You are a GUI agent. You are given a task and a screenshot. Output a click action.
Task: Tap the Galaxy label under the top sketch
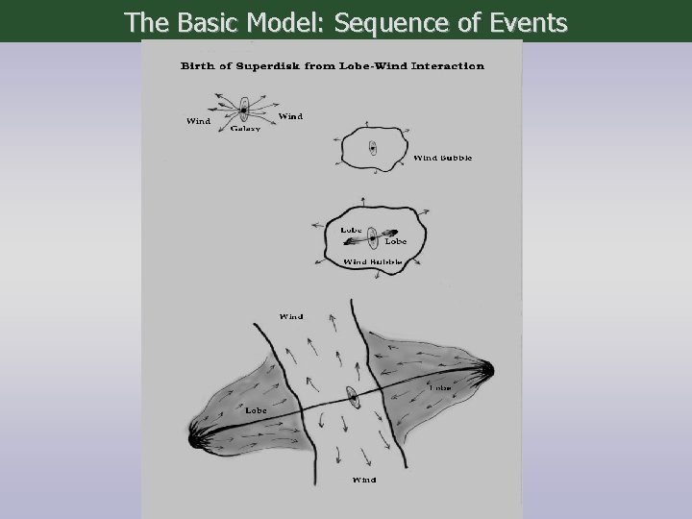245,129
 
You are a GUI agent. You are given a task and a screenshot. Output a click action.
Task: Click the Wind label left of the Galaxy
197,121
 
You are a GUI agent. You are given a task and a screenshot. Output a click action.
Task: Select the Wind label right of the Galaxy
289,116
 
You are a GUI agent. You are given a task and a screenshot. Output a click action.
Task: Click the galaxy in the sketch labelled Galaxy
244,110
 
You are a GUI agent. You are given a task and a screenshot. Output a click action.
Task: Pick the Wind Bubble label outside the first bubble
442,158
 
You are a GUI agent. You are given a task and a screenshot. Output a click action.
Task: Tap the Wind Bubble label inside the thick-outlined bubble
372,261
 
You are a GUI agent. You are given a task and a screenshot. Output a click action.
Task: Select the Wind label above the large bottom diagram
290,316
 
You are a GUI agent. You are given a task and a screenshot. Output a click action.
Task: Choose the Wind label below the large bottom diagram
364,479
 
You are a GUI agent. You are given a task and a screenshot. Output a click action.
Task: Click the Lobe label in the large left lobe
256,410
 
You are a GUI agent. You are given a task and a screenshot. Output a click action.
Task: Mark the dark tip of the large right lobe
486,368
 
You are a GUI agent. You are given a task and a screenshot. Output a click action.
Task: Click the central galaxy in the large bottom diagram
352,397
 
